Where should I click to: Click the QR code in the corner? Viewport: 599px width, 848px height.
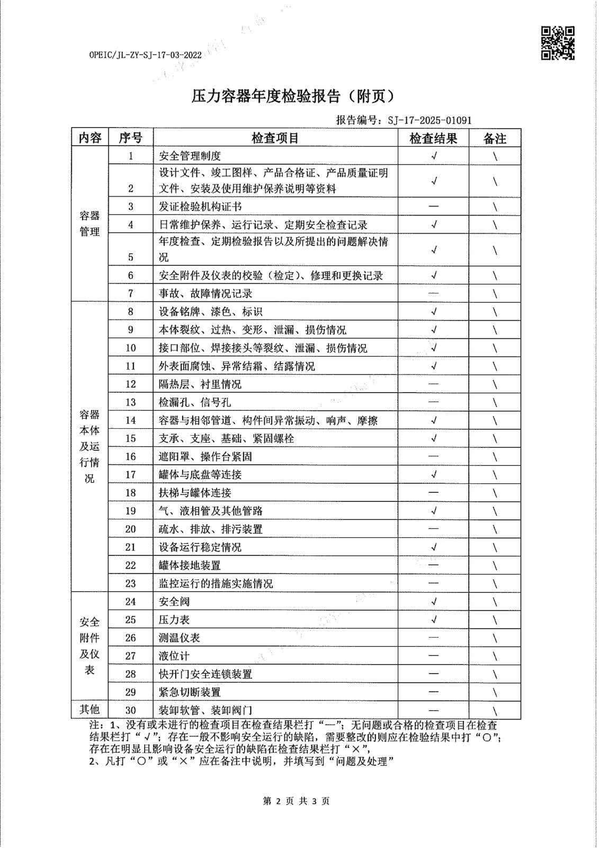pos(557,42)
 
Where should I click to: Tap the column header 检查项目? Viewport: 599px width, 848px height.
pos(275,138)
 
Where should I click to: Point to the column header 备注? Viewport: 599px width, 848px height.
pos(495,138)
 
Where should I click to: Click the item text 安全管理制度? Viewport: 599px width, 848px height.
pos(190,156)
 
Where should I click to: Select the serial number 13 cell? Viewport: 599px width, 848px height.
pos(130,402)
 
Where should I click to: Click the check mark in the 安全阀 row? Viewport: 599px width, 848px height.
pos(434,602)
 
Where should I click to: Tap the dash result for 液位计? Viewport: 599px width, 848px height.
pos(433,656)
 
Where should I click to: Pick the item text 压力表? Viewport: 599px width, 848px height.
pos(174,620)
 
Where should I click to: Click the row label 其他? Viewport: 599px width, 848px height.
pos(90,710)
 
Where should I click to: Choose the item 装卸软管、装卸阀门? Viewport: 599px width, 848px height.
pos(205,710)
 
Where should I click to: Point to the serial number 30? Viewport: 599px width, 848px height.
pos(130,710)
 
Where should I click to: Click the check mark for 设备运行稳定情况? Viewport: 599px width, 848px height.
pos(434,547)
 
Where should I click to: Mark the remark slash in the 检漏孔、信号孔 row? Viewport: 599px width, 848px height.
pos(495,403)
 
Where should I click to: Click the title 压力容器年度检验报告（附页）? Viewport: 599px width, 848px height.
pos(293,96)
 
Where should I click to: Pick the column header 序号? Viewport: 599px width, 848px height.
pos(130,138)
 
